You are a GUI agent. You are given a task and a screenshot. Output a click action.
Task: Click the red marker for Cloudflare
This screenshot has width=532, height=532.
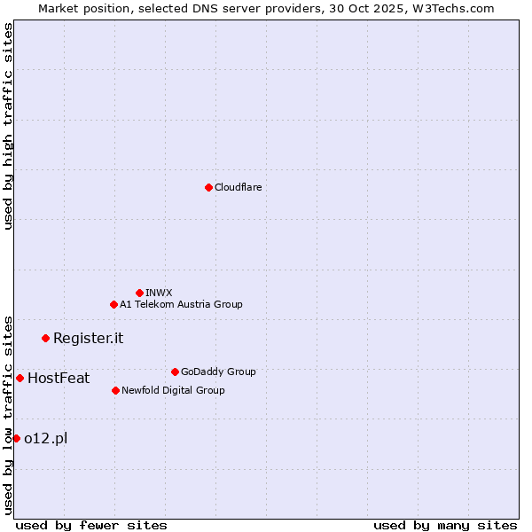[x=208, y=187]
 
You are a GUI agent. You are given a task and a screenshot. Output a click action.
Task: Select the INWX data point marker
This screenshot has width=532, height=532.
[x=139, y=293]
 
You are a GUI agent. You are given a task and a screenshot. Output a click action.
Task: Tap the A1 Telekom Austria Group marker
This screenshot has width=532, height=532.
[x=113, y=304]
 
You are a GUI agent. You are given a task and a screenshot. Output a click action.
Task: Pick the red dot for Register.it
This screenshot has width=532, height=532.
[x=45, y=338]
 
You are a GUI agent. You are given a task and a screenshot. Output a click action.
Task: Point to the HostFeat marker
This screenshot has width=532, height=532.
[x=20, y=378]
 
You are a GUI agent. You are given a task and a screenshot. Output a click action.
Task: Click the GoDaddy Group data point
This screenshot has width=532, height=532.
[x=175, y=372]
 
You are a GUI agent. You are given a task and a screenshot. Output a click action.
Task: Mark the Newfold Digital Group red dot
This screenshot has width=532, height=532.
[x=115, y=390]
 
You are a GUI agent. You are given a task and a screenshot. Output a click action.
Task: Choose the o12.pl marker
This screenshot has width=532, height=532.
[x=16, y=438]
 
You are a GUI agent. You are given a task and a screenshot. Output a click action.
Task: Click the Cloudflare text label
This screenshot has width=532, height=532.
[x=238, y=187]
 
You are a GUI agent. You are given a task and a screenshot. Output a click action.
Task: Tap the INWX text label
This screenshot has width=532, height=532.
[x=159, y=293]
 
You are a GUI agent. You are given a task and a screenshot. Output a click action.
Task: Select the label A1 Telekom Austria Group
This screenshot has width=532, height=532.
[x=181, y=304]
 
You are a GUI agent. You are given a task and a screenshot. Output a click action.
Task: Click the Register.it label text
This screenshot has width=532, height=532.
[x=88, y=338]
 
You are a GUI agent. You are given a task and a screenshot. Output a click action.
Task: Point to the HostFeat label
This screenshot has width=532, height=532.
[x=59, y=378]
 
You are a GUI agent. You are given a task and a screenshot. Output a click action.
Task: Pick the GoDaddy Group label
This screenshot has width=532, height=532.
[x=217, y=372]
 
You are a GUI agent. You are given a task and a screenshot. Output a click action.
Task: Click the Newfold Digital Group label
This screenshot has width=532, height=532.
[x=173, y=390]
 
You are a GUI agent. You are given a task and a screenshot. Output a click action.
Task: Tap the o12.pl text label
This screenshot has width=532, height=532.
[x=45, y=438]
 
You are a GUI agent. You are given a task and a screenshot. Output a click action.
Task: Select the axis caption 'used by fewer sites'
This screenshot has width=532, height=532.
[x=91, y=525]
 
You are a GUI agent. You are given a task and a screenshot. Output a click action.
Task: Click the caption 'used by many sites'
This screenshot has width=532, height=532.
[x=445, y=525]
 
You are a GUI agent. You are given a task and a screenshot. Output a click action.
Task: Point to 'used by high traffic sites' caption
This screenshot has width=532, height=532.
[x=8, y=126]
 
